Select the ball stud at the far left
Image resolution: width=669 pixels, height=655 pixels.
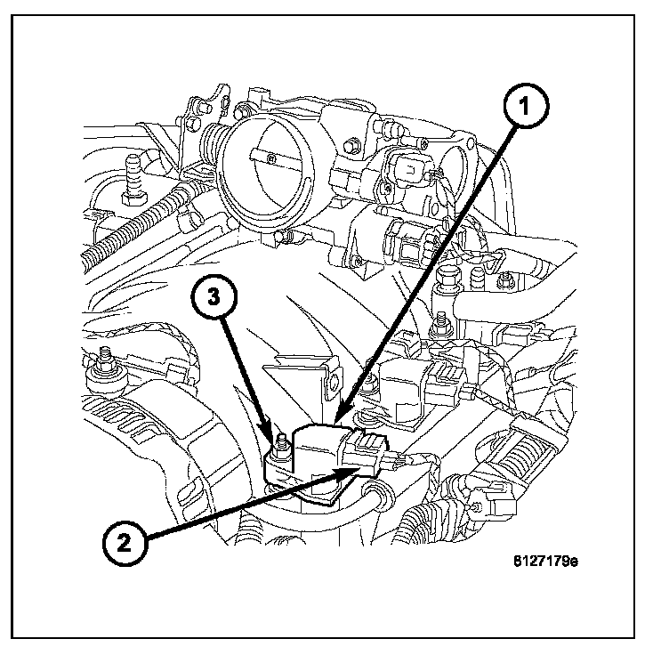105,360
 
